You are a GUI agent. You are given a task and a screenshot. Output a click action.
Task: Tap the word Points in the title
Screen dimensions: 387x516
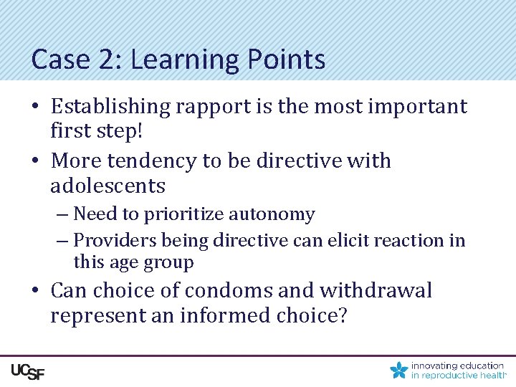pos(287,59)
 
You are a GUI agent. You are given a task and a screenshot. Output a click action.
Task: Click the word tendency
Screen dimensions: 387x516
pos(153,161)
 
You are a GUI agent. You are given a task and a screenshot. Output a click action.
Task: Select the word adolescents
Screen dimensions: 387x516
pos(107,186)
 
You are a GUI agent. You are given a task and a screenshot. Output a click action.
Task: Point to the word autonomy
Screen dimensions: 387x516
pos(276,214)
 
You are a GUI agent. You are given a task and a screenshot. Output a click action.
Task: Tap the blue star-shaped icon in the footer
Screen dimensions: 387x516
pos(399,370)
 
